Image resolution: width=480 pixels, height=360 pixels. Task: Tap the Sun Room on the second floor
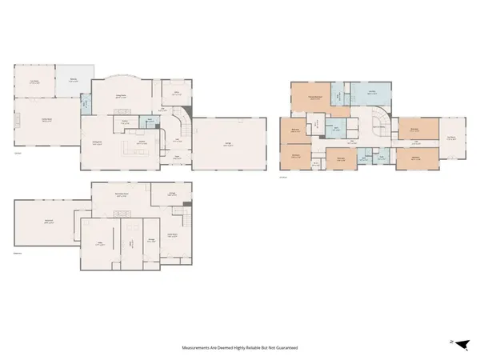[452, 137]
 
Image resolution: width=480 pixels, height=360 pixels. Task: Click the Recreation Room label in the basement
[122, 194]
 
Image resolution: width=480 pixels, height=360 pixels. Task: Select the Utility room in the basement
[130, 244]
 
